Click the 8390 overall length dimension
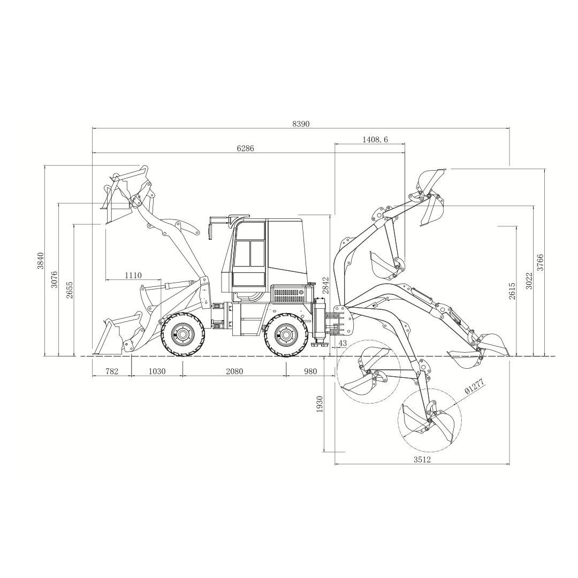301,124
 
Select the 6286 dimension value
245,149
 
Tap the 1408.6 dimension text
375,139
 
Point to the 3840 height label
40,261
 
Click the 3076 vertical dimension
55,279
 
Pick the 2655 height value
70,290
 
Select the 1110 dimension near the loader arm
133,275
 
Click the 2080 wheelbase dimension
234,371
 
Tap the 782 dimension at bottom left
112,371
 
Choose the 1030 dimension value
157,371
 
